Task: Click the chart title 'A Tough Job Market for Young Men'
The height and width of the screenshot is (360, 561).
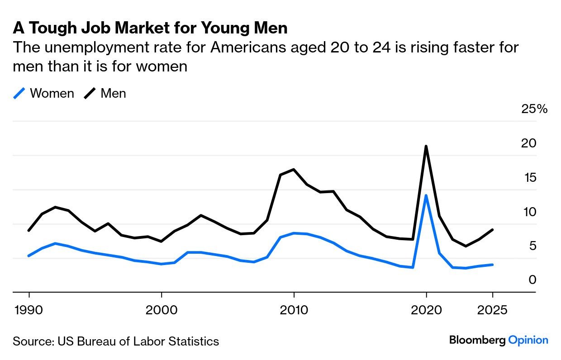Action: [x=150, y=28]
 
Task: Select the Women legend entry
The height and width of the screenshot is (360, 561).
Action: [x=44, y=94]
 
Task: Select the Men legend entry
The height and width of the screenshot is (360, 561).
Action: [x=105, y=94]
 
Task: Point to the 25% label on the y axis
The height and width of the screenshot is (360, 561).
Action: [x=534, y=109]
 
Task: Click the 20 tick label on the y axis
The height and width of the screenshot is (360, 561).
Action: [x=529, y=143]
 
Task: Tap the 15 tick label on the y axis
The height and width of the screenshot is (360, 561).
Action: [x=529, y=178]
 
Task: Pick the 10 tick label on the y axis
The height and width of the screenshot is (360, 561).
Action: [x=529, y=212]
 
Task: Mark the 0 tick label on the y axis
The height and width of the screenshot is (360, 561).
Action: [x=532, y=280]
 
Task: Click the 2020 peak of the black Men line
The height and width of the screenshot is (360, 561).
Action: [x=426, y=146]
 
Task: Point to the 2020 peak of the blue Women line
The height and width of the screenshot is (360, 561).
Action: [x=426, y=195]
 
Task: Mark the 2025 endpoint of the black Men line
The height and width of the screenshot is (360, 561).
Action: [x=492, y=230]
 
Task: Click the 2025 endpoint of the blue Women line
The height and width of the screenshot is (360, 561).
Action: [x=492, y=265]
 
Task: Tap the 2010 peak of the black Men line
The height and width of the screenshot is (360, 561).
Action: [x=294, y=170]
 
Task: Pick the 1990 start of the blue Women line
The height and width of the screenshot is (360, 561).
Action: [x=29, y=256]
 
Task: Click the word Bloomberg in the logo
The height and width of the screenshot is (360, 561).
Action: [x=477, y=340]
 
